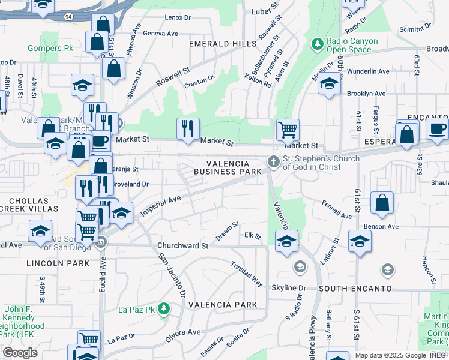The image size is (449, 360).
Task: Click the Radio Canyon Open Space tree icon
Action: [x=317, y=44]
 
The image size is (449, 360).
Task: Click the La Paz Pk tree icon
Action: [x=163, y=309]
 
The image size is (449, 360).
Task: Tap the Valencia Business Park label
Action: [x=228, y=167]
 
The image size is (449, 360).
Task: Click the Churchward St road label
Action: [x=182, y=246]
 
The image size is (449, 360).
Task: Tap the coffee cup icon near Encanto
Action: [x=437, y=127]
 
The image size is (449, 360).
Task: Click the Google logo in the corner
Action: [x=20, y=352]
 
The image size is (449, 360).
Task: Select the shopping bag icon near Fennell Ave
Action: [x=382, y=203]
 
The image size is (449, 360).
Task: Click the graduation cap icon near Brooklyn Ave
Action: [x=329, y=84]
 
